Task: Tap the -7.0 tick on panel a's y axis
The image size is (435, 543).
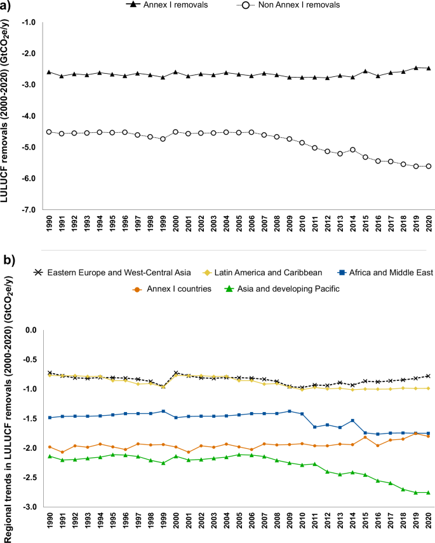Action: (x=29, y=209)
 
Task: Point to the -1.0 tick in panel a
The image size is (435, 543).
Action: (x=29, y=22)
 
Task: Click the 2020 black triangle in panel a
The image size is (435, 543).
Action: (x=429, y=68)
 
